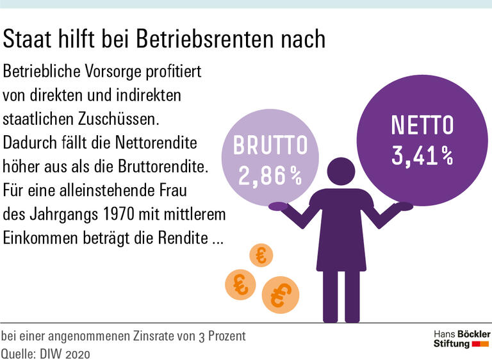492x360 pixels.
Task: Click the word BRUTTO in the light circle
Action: (x=270, y=146)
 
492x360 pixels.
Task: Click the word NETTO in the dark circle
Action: (x=422, y=126)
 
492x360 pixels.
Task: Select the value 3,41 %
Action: (x=422, y=156)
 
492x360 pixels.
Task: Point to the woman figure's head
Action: (x=340, y=172)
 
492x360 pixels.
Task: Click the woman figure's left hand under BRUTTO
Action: (x=278, y=206)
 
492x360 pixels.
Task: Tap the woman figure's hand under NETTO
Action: (x=404, y=206)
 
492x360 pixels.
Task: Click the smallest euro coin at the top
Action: (x=261, y=255)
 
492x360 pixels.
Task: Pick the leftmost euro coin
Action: (x=240, y=284)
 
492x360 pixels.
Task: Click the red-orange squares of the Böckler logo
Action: (x=480, y=345)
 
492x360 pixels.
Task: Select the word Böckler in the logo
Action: (x=474, y=334)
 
